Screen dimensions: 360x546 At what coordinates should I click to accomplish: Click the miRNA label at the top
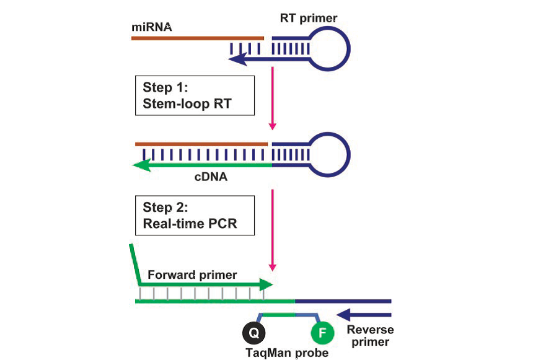151,27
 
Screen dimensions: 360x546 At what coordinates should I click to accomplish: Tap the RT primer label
308,19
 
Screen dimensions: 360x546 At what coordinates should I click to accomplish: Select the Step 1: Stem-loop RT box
194,95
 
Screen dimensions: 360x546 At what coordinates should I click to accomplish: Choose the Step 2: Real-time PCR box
194,215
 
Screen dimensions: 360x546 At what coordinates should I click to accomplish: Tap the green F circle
322,333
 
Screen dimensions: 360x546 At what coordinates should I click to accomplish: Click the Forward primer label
192,274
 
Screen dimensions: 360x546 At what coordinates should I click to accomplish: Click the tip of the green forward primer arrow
271,286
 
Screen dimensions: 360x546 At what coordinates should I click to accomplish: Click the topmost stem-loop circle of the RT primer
329,47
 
